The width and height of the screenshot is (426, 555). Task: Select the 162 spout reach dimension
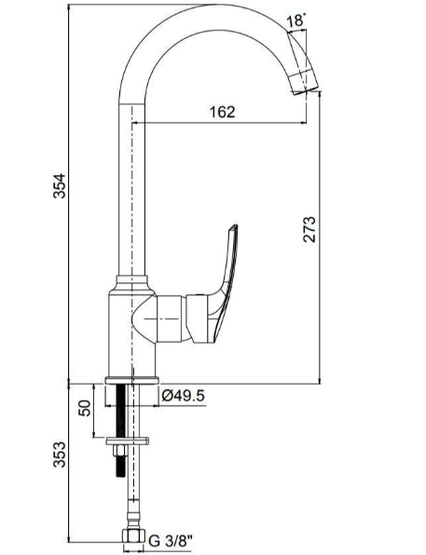point(221,112)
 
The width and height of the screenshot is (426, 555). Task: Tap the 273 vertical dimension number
point(309,230)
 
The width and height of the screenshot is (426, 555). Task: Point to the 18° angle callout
point(295,20)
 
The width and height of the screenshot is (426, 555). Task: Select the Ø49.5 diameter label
point(184,395)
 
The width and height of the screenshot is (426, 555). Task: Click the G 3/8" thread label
point(171,540)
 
